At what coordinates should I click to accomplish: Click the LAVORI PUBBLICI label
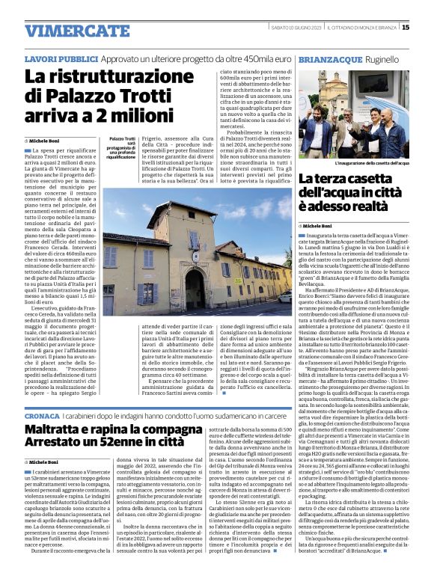(55, 58)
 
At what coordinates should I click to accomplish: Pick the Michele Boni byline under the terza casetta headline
(318, 225)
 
